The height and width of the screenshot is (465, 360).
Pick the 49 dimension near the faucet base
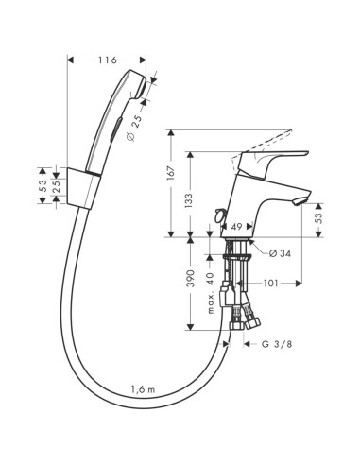tap(238, 227)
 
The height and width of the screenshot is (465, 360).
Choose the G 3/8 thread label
tap(282, 344)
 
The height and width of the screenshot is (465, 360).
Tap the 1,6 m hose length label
tap(142, 389)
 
